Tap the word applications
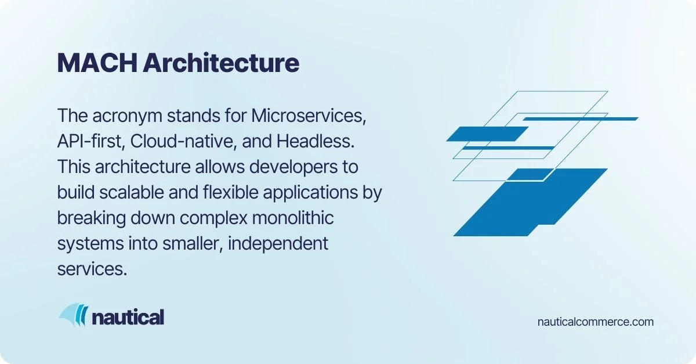tap(314, 192)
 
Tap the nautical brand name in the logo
tap(128, 317)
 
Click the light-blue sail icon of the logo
tap(71, 315)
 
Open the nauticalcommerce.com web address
tap(596, 322)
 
